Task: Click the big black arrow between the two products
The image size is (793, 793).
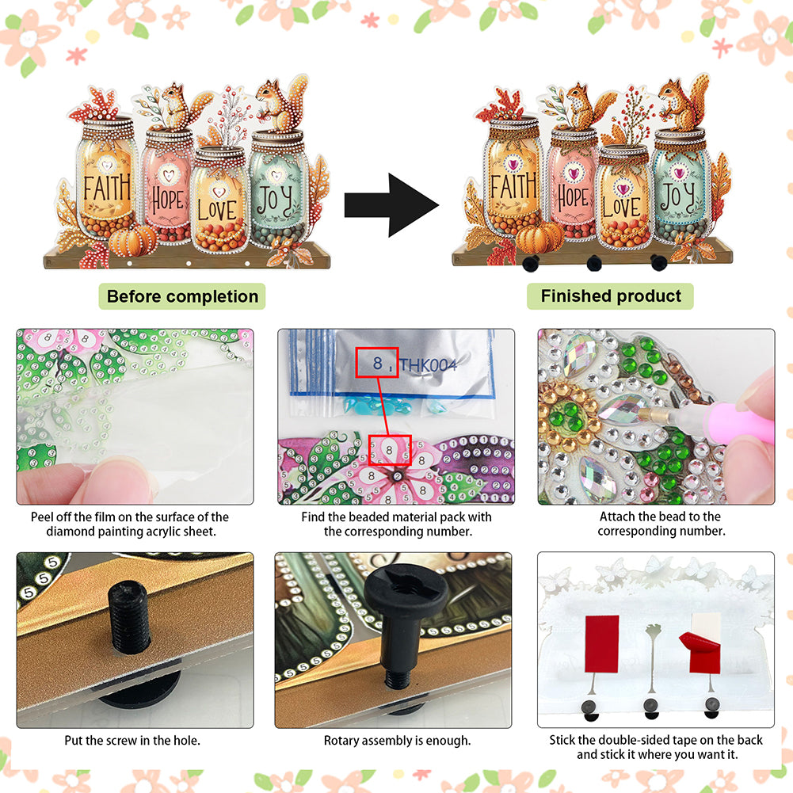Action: click(x=391, y=205)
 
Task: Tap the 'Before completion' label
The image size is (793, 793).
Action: click(x=182, y=296)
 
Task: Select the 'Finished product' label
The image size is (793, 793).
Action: click(x=611, y=295)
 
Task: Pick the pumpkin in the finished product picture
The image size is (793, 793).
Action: click(x=539, y=236)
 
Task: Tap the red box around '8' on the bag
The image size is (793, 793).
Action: click(x=377, y=362)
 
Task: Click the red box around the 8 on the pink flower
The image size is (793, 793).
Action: click(x=390, y=450)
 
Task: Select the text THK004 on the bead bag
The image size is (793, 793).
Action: click(x=429, y=364)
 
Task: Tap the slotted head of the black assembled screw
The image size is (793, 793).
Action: click(x=406, y=589)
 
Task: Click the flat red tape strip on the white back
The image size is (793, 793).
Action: click(x=602, y=643)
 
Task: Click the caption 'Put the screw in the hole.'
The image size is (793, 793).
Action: click(x=132, y=741)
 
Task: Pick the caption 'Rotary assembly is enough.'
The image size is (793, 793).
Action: click(x=397, y=741)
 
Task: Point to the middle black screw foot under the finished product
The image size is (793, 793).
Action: click(x=594, y=263)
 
